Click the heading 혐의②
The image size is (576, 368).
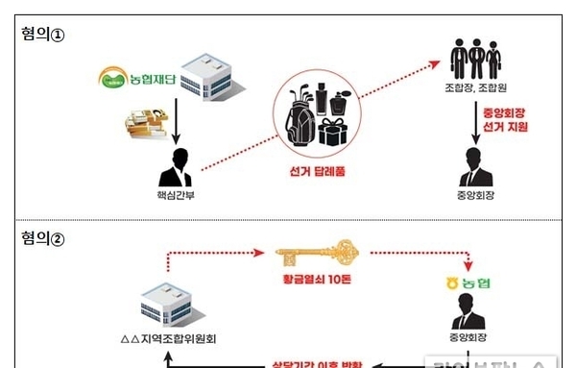[x=41, y=235]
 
